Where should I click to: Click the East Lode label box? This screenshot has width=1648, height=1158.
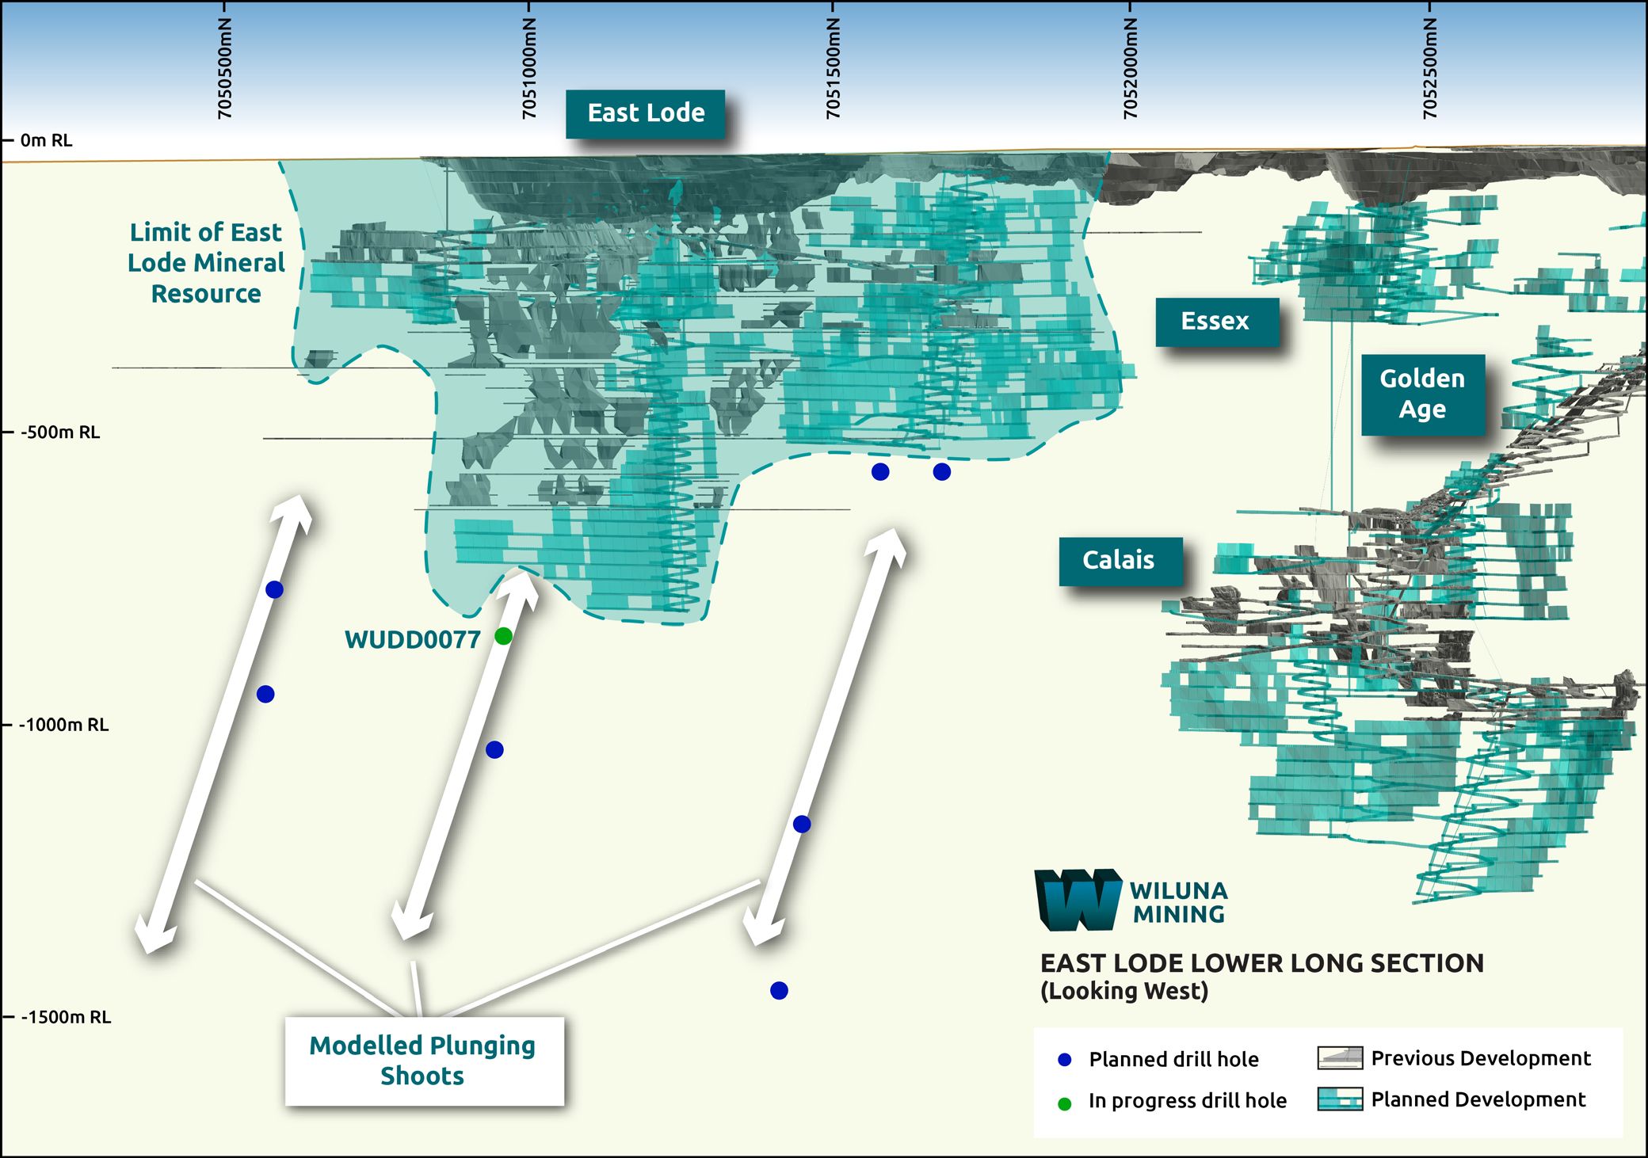pyautogui.click(x=646, y=113)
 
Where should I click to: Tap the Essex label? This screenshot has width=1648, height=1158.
pyautogui.click(x=1215, y=322)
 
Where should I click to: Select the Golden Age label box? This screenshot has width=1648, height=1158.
pyautogui.click(x=1422, y=394)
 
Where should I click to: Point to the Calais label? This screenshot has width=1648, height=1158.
pyautogui.click(x=1119, y=561)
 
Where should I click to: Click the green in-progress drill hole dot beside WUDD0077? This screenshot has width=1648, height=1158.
pyautogui.click(x=503, y=636)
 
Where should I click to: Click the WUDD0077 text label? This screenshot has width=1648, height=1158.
pyautogui.click(x=412, y=640)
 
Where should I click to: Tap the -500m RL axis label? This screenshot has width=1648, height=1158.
pyautogui.click(x=59, y=432)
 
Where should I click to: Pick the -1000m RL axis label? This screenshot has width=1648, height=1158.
pyautogui.click(x=63, y=725)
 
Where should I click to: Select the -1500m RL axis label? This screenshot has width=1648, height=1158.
pyautogui.click(x=65, y=1017)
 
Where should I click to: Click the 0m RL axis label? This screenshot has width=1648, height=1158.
pyautogui.click(x=46, y=141)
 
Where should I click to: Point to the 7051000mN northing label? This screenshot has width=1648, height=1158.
pyautogui.click(x=529, y=69)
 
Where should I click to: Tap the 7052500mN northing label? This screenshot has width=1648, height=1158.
pyautogui.click(x=1429, y=69)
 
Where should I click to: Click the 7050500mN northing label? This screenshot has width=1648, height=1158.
pyautogui.click(x=225, y=69)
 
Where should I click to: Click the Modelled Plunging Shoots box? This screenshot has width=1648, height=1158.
pyautogui.click(x=423, y=1061)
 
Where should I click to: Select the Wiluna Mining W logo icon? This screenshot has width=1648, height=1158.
pyautogui.click(x=1078, y=900)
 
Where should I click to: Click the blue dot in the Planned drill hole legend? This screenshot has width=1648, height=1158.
pyautogui.click(x=1065, y=1060)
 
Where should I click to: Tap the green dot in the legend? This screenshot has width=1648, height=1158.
pyautogui.click(x=1065, y=1103)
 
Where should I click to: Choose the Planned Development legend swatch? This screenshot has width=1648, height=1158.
pyautogui.click(x=1340, y=1099)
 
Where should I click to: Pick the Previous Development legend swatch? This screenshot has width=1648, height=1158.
pyautogui.click(x=1340, y=1057)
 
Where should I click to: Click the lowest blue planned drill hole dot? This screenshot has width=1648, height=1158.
pyautogui.click(x=779, y=990)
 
